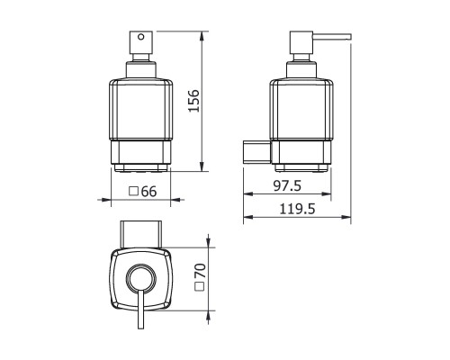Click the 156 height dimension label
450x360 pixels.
click(x=193, y=101)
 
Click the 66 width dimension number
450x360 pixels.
click(x=148, y=192)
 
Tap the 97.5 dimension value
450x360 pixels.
click(x=287, y=186)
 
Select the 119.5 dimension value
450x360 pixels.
click(x=297, y=209)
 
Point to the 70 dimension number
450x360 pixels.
click(x=201, y=271)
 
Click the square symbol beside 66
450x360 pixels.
click(x=133, y=191)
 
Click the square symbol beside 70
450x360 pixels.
click(x=200, y=286)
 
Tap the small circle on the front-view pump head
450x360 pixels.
click(x=140, y=37)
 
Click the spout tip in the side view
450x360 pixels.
click(x=350, y=37)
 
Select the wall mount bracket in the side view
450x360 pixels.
click(x=256, y=152)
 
